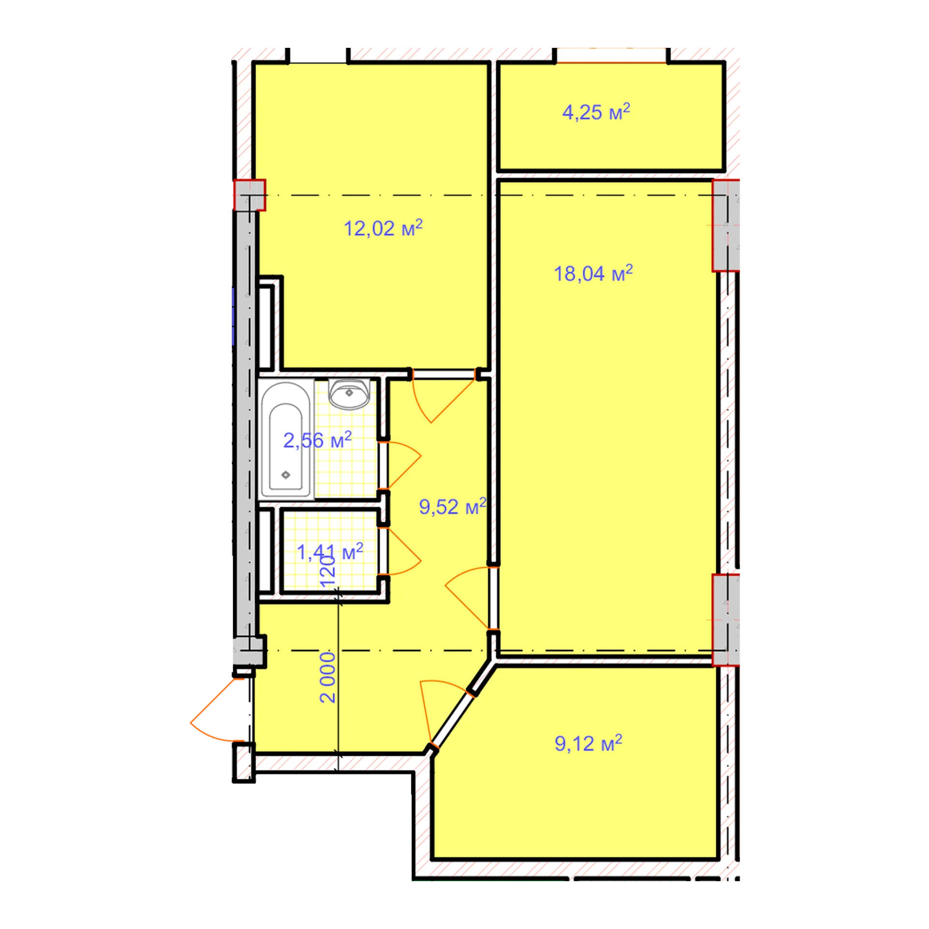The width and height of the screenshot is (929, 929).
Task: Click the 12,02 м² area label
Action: (x=383, y=228)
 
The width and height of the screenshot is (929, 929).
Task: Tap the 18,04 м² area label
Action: (x=593, y=273)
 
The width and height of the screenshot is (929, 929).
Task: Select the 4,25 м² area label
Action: (x=596, y=112)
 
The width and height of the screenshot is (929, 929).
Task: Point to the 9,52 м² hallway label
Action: (x=452, y=507)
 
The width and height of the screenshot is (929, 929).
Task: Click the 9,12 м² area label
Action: (x=588, y=743)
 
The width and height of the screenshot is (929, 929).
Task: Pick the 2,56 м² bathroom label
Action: (x=317, y=440)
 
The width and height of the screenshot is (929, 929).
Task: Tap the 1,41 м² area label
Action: (x=330, y=552)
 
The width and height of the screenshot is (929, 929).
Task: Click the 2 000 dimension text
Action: (x=328, y=677)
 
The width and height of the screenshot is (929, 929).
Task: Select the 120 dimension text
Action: (x=328, y=571)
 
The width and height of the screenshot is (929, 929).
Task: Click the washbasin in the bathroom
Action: (x=349, y=393)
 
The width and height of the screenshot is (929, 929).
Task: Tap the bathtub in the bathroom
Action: (x=286, y=439)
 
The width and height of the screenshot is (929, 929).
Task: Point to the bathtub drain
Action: (x=285, y=475)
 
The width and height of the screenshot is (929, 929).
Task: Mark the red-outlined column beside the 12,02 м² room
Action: (x=250, y=195)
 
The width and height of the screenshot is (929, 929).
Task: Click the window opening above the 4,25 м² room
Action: (x=612, y=55)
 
